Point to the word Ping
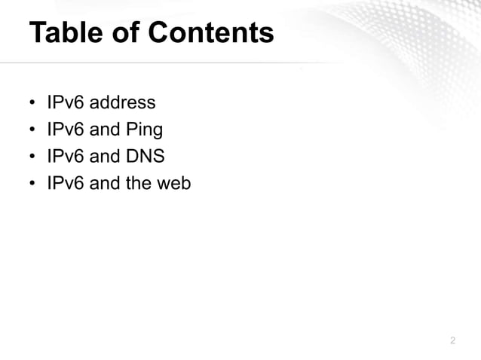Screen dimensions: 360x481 coord(146,130)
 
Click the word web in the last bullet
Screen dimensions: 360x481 coord(175,182)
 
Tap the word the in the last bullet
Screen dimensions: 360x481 coord(138,182)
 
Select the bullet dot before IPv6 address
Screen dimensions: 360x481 coord(33,104)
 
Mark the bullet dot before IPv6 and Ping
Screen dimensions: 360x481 coord(33,130)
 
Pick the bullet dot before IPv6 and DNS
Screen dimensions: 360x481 coord(33,157)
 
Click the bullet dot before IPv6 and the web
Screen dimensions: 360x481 coord(33,183)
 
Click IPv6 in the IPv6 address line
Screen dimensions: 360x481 coord(66,103)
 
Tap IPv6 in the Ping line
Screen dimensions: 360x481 coord(66,130)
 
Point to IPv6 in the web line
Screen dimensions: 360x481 coord(66,182)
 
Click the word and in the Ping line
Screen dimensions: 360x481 coord(104,130)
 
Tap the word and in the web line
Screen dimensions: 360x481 coord(104,182)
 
